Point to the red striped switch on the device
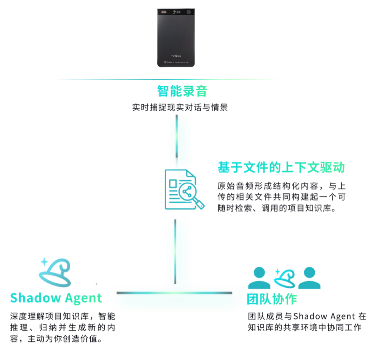pos(163,12)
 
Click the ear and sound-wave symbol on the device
pos(177,12)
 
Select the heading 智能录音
pos(182,91)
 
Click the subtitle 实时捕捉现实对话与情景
pos(180,108)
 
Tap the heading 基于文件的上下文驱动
pos(281,167)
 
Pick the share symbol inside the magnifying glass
pos(187,192)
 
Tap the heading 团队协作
pos(272,299)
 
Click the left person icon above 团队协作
pos(259,278)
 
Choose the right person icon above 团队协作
pos(309,278)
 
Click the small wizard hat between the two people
pos(285,278)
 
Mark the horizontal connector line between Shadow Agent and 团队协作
pos(175,293)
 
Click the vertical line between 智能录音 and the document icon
pos(176,136)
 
